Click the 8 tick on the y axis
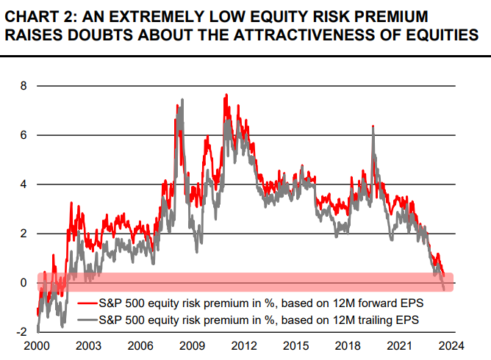click(x=23, y=86)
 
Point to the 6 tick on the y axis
click(x=23, y=135)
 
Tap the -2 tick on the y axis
click(x=21, y=332)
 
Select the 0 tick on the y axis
click(x=23, y=283)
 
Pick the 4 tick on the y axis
click(x=23, y=184)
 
